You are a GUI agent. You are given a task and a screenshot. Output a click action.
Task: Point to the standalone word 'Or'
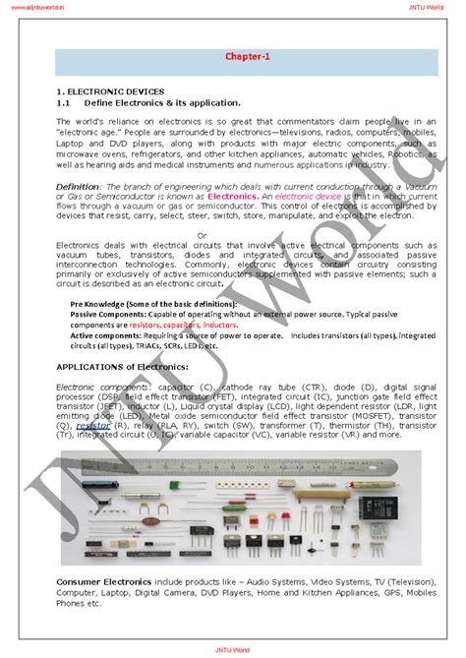coord(203,235)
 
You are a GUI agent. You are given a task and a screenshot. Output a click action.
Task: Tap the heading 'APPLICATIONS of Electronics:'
coord(122,366)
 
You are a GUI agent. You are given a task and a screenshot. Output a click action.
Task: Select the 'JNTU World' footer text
coord(232,650)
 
